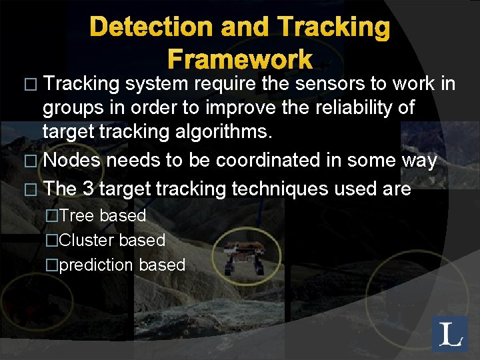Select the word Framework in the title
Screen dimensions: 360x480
239,60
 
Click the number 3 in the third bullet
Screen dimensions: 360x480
88,189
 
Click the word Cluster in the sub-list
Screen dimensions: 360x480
88,240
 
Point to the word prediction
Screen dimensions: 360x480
97,265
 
